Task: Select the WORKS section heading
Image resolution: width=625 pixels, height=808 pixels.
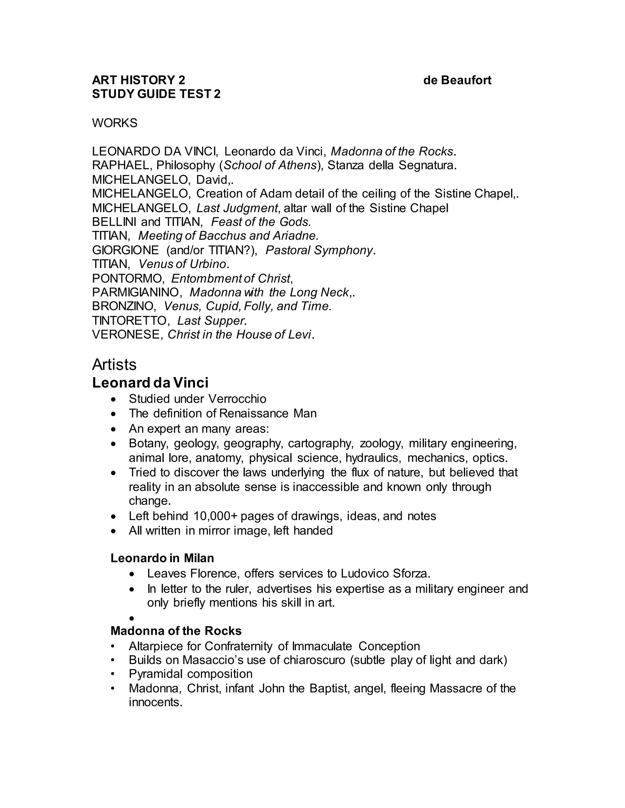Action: pyautogui.click(x=114, y=123)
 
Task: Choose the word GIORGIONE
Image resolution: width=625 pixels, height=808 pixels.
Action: pyautogui.click(x=125, y=250)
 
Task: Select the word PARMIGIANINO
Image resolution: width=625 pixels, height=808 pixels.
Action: pyautogui.click(x=135, y=292)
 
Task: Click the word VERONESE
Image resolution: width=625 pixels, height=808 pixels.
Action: pyautogui.click(x=126, y=334)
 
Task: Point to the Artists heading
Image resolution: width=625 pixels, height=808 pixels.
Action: pyautogui.click(x=114, y=364)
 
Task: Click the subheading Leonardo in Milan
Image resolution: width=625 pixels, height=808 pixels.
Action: pyautogui.click(x=162, y=558)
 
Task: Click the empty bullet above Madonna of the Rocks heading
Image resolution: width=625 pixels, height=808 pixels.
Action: pyautogui.click(x=132, y=618)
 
